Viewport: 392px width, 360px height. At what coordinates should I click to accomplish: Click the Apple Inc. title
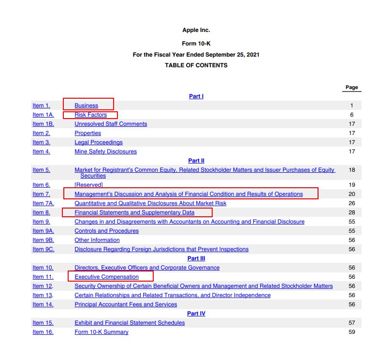point(196,30)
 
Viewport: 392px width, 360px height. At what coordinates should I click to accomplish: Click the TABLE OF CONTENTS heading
point(196,65)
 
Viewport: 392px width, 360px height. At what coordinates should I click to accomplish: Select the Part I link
point(196,96)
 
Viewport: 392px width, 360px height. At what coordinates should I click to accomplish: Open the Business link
point(86,105)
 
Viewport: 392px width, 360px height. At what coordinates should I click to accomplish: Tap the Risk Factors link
point(90,115)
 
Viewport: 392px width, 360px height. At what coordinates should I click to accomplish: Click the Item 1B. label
point(43,124)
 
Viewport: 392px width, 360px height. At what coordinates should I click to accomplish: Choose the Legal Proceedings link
point(98,142)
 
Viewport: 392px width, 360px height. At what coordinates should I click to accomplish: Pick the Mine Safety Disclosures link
point(105,151)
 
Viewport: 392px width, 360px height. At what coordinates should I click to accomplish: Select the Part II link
point(196,161)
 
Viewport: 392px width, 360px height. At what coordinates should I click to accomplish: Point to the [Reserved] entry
point(88,185)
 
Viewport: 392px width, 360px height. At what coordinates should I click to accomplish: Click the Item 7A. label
point(43,203)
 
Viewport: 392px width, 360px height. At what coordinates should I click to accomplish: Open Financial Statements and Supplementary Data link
point(134,212)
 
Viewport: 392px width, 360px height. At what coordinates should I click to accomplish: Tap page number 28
point(351,212)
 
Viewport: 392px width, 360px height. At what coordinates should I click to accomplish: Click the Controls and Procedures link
point(106,231)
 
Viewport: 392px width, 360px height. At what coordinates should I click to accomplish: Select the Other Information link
point(97,240)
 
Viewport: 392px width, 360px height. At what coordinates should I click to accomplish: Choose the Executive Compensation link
point(106,277)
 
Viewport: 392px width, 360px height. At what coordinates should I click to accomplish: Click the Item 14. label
point(43,304)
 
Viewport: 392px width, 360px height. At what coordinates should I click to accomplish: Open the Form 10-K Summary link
point(102,332)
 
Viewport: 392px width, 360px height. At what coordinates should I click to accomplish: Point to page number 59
point(351,332)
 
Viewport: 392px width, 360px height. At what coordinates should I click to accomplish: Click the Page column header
point(352,88)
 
